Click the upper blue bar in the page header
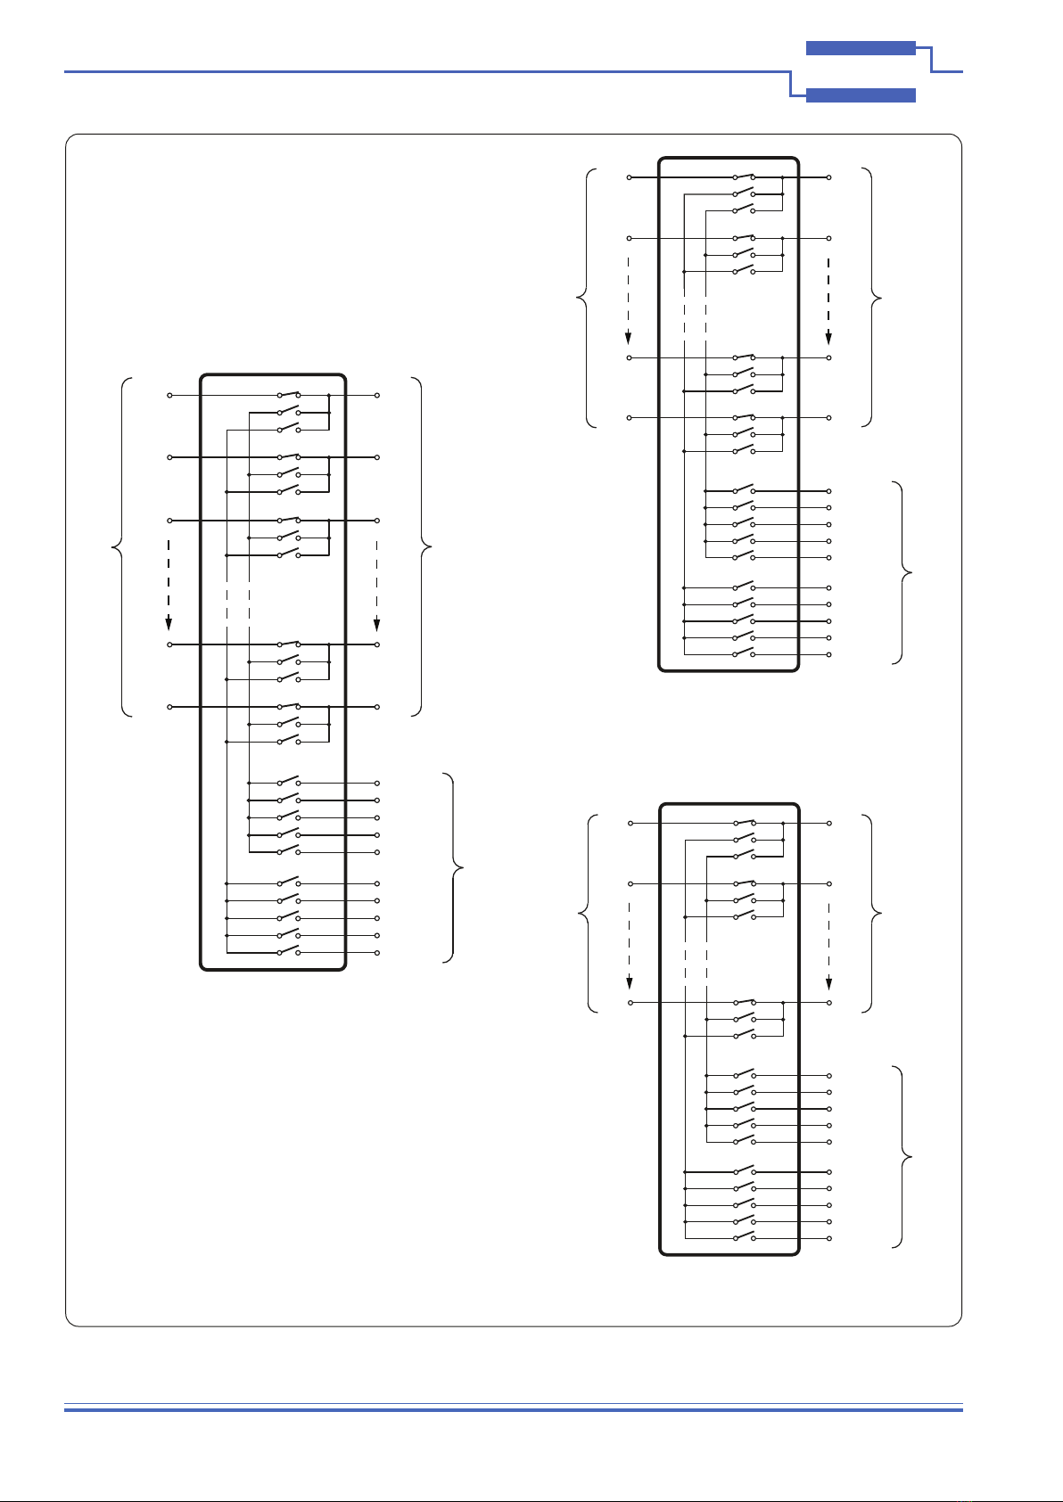pyautogui.click(x=861, y=49)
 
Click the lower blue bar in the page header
pyautogui.click(x=861, y=95)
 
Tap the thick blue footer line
pyautogui.click(x=514, y=1409)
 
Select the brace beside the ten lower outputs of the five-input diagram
pyautogui.click(x=455, y=866)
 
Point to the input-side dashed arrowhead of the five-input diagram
pyautogui.click(x=169, y=622)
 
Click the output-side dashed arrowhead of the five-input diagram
pyautogui.click(x=377, y=622)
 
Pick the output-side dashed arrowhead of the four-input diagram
pyautogui.click(x=828, y=337)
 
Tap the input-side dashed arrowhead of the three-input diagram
pyautogui.click(x=630, y=982)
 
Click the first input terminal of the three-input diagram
pyautogui.click(x=630, y=823)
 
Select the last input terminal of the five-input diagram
pyautogui.click(x=169, y=707)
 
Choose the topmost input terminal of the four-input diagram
pyautogui.click(x=630, y=177)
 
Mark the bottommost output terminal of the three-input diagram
pyautogui.click(x=829, y=1238)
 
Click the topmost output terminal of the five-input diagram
pyautogui.click(x=377, y=395)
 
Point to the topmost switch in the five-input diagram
pyautogui.click(x=289, y=393)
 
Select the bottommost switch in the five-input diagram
pyautogui.click(x=289, y=952)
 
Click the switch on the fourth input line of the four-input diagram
pyautogui.click(x=744, y=416)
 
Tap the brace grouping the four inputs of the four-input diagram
pyautogui.click(x=585, y=297)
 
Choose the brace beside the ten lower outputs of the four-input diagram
pyautogui.click(x=904, y=572)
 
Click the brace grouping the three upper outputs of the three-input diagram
pyautogui.click(x=873, y=913)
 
